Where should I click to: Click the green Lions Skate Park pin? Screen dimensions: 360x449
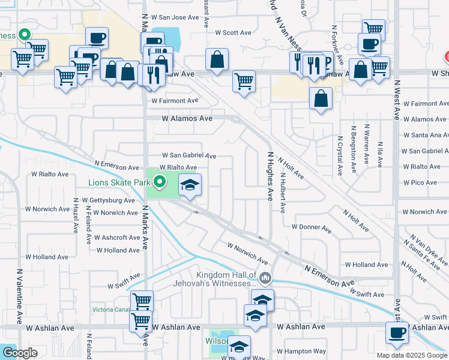pyautogui.click(x=159, y=181)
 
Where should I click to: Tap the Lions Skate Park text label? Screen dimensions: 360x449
pyautogui.click(x=118, y=182)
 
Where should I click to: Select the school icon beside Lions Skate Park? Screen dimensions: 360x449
pyautogui.click(x=190, y=185)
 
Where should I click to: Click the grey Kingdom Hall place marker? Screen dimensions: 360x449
pyautogui.click(x=266, y=278)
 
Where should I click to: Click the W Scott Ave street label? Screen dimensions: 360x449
pyautogui.click(x=233, y=32)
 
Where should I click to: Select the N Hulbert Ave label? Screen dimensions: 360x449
pyautogui.click(x=282, y=192)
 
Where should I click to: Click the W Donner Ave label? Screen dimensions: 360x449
pyautogui.click(x=312, y=228)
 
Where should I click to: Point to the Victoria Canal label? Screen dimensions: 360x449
pyautogui.click(x=111, y=310)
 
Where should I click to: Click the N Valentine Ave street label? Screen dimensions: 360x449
pyautogui.click(x=20, y=296)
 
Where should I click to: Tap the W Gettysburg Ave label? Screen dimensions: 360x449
pyautogui.click(x=109, y=200)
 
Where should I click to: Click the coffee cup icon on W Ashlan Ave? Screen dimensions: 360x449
pyautogui.click(x=396, y=332)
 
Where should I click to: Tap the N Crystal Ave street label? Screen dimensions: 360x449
pyautogui.click(x=340, y=154)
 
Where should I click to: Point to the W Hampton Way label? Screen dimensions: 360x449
pyautogui.click(x=301, y=351)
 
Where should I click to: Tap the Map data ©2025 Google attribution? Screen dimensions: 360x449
pyautogui.click(x=411, y=355)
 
